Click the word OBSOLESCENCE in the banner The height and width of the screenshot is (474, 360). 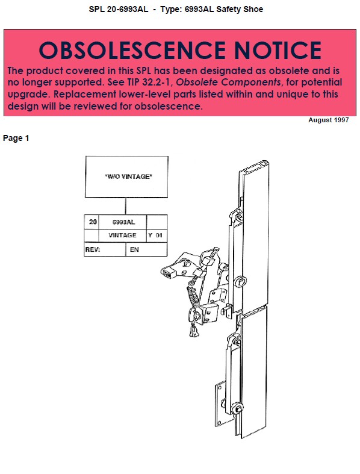[132, 50]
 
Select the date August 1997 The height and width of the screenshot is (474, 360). [329, 120]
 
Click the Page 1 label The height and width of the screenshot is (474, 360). [16, 138]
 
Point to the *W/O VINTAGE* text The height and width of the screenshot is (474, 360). [129, 176]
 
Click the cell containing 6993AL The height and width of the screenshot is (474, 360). [123, 222]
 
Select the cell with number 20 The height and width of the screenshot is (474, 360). [92, 222]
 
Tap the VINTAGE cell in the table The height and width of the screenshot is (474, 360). [123, 235]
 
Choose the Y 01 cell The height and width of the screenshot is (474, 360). [157, 235]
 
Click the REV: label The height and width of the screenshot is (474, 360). [93, 250]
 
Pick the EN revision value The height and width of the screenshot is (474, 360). [134, 250]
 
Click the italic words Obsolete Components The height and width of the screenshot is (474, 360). [229, 83]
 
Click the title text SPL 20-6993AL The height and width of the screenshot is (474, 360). [119, 10]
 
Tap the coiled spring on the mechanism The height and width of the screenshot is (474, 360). [194, 296]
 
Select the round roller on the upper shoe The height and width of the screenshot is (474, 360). [241, 281]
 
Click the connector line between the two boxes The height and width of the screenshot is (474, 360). [125, 206]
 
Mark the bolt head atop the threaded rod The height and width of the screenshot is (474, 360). [216, 251]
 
